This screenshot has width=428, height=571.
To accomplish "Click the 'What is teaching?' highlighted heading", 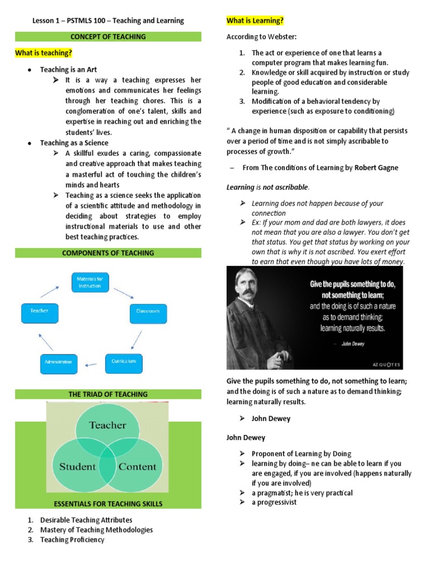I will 43,53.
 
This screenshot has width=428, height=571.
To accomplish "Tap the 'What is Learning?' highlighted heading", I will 255,21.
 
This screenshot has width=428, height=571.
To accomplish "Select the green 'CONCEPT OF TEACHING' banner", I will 108,37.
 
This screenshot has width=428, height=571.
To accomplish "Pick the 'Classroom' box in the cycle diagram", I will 148,311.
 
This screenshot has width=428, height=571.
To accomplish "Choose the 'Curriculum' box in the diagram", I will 124,361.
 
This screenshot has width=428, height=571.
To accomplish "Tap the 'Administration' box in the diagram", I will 59,362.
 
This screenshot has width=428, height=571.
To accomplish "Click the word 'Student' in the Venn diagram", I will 77,466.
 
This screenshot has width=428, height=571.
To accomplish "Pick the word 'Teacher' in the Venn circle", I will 108,425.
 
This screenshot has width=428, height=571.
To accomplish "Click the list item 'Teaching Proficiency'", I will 72,540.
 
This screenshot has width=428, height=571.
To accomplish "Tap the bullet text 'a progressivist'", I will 274,502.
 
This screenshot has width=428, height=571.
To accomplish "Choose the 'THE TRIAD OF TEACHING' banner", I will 108,394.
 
